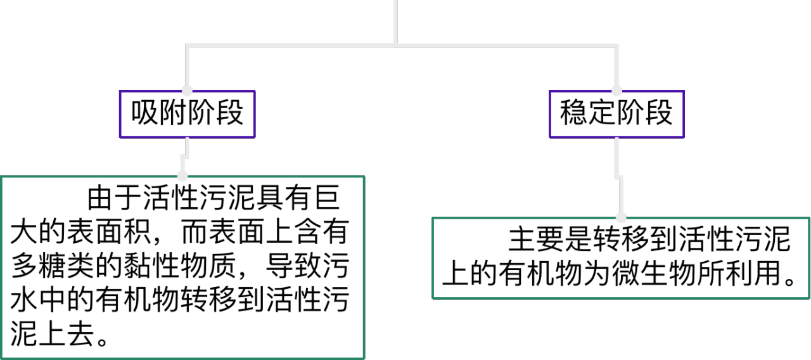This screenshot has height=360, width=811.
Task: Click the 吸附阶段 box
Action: pos(187,114)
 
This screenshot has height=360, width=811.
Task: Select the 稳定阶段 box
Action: pos(616,114)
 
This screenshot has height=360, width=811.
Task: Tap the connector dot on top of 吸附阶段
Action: pos(187,91)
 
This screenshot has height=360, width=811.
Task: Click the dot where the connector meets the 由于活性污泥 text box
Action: pos(183,176)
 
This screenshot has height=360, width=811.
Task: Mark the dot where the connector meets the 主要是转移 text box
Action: pos(621,217)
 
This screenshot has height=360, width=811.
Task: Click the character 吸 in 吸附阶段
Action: pos(144,114)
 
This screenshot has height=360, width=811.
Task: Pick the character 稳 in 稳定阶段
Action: pos(573,114)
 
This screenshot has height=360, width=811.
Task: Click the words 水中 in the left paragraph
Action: pos(39,300)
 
